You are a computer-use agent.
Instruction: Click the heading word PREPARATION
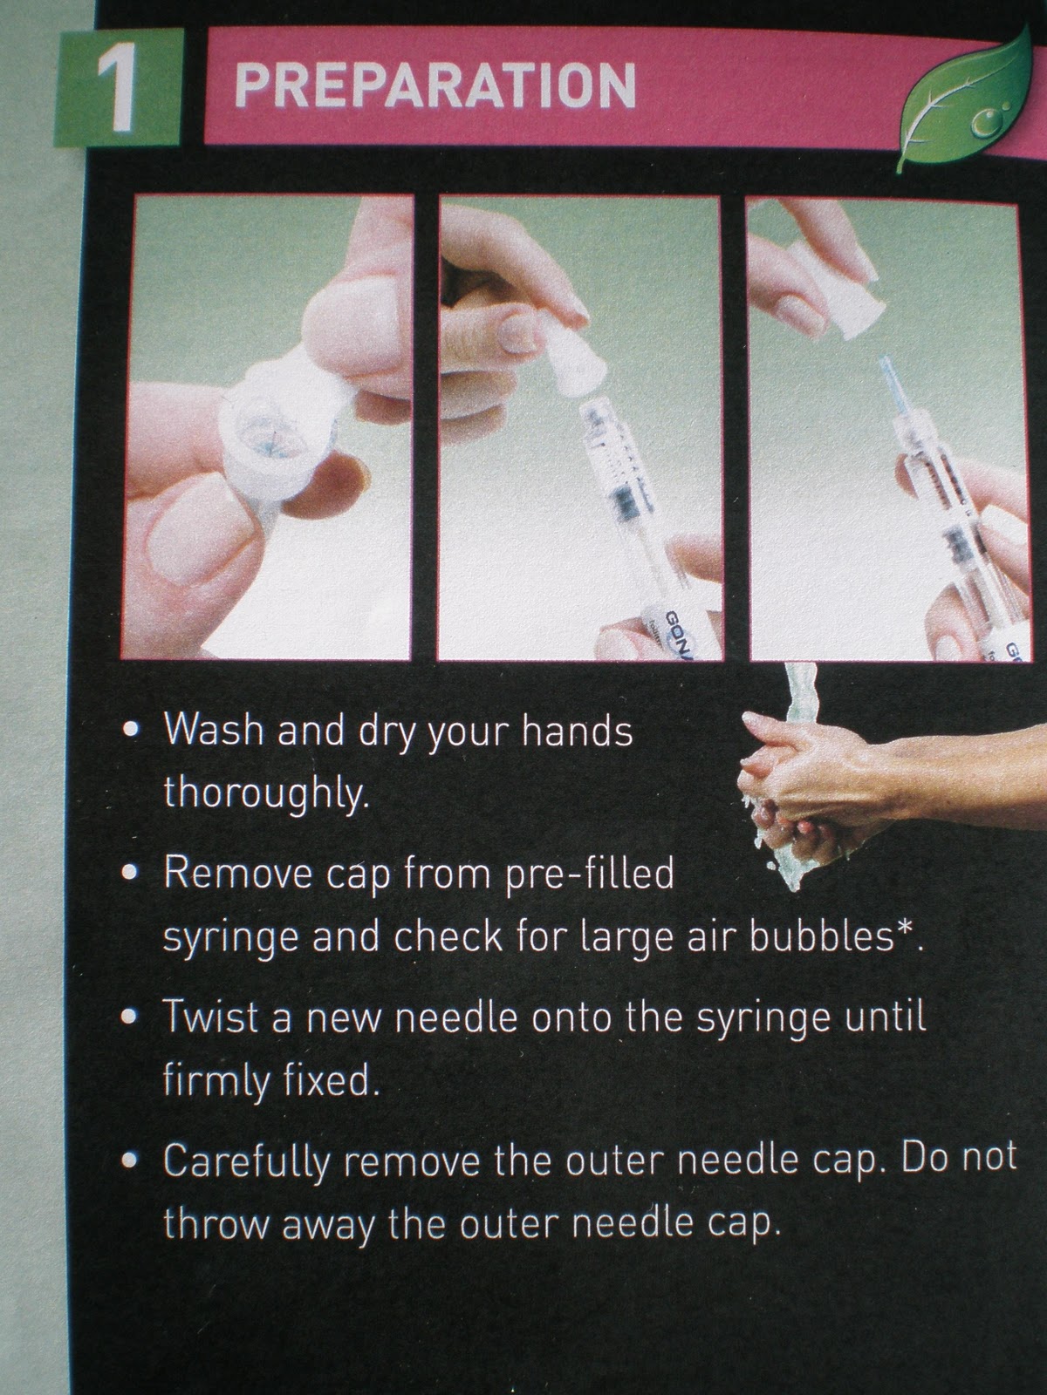(435, 87)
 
